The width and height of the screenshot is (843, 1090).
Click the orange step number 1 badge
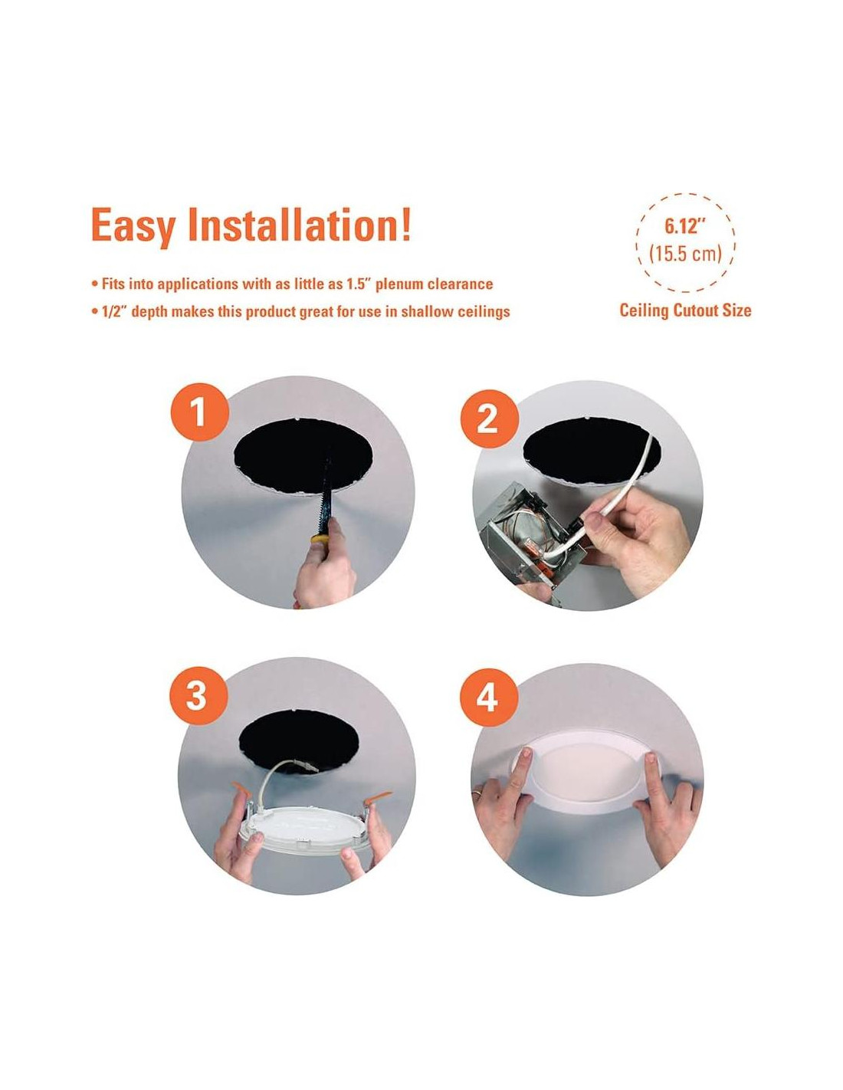tap(200, 412)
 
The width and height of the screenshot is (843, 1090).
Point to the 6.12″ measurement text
tap(682, 227)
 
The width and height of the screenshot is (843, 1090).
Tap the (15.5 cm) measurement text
tap(685, 254)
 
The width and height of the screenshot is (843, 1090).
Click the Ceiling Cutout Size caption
tap(685, 310)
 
